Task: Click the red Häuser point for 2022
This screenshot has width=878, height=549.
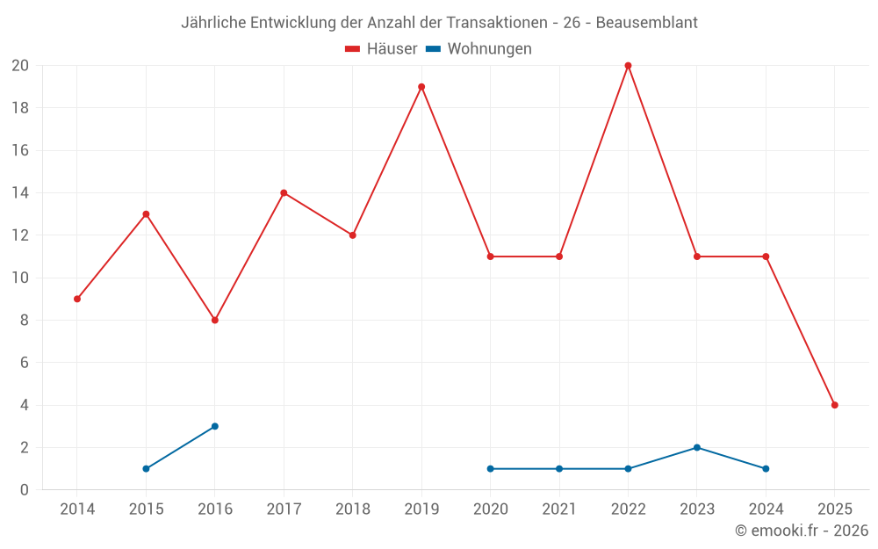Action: coord(628,66)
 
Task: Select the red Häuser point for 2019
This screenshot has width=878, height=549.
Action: coord(421,87)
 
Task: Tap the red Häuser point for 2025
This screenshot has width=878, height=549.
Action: coord(834,405)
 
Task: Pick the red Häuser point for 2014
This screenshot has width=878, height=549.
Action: coord(77,299)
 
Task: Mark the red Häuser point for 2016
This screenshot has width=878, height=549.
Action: coord(215,320)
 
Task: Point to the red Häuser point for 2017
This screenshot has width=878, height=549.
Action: coord(284,193)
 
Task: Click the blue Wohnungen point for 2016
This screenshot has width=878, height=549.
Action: coord(215,426)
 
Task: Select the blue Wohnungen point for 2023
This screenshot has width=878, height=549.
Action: coord(696,447)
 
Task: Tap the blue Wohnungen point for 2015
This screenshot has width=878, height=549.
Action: coord(146,468)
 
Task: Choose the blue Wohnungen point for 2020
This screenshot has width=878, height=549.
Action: coord(490,468)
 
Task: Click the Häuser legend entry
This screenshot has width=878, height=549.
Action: coord(381,49)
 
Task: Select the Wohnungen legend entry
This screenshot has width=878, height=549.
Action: coord(479,49)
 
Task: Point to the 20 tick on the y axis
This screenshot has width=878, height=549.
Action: coord(20,66)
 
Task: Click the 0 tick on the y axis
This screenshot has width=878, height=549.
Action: coord(25,489)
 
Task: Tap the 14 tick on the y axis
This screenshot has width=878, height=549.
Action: coord(20,193)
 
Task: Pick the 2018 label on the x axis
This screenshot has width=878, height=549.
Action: coord(352,509)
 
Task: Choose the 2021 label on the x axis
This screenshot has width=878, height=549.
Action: coord(559,509)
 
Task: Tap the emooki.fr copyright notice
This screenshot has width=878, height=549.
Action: coord(802,531)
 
